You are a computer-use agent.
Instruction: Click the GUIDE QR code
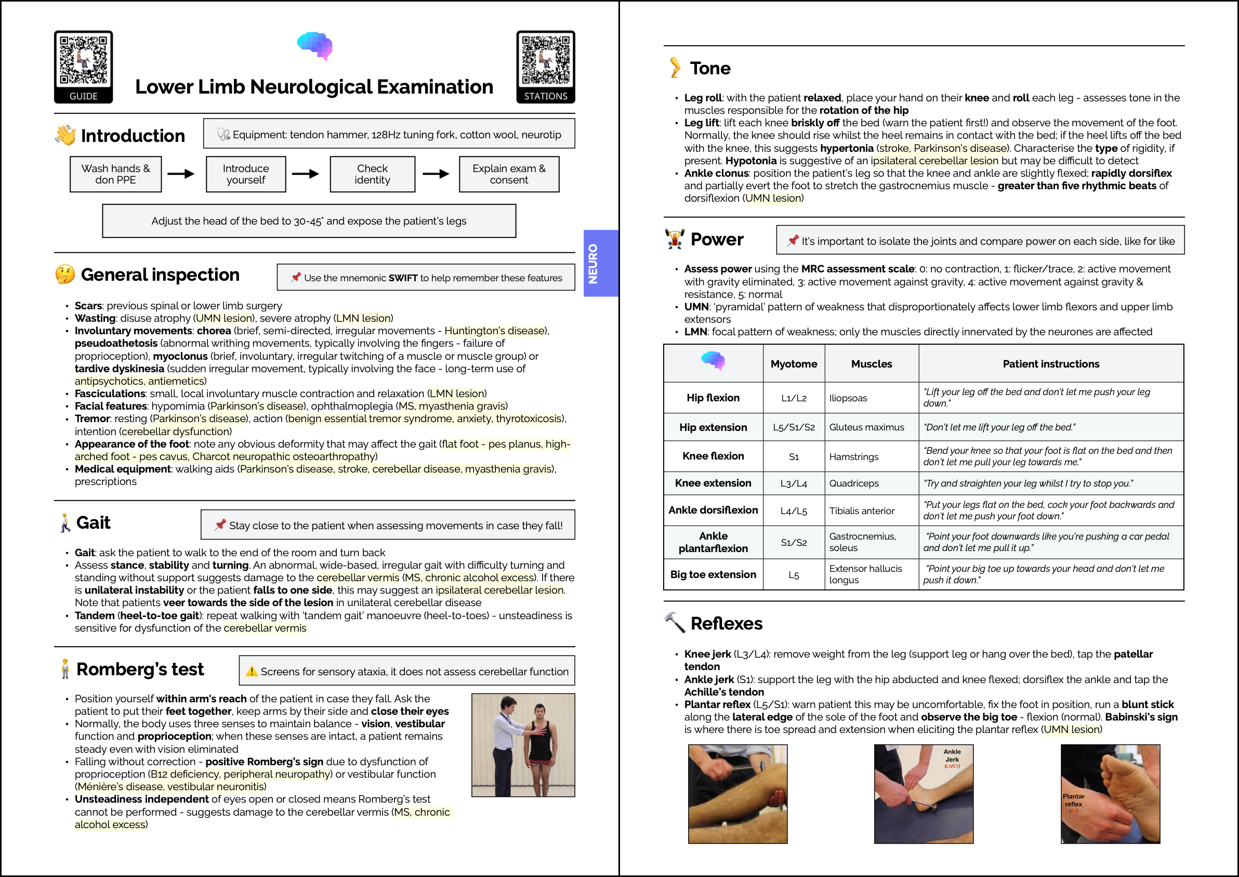[83, 60]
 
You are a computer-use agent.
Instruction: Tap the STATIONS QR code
[545, 60]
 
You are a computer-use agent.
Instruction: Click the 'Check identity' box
[372, 174]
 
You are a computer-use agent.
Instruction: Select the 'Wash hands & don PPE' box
[115, 174]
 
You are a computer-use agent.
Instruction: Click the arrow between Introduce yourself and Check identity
[306, 174]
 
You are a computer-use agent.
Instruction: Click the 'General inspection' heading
[160, 275]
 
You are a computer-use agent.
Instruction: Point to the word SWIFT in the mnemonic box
[403, 278]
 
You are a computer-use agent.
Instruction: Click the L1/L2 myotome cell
[793, 398]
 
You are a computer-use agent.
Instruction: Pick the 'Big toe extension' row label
[713, 574]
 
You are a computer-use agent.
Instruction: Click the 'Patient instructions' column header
[1050, 364]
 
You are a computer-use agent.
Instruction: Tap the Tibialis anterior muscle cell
[862, 511]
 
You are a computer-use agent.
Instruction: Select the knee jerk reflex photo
[737, 794]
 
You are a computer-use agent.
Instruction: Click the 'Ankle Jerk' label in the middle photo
[952, 755]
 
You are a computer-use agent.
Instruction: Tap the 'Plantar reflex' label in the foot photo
[1073, 800]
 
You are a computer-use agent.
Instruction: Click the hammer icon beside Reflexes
[674, 623]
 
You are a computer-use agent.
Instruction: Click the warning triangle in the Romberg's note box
[251, 671]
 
